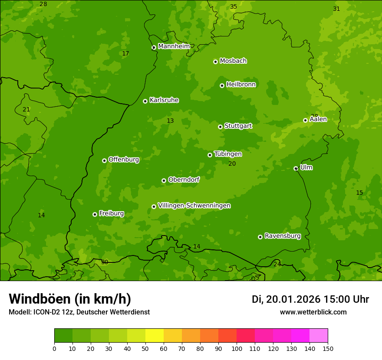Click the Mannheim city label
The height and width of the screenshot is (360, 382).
[174, 46]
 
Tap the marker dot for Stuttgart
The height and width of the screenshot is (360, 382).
[220, 127]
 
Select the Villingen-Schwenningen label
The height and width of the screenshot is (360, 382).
[194, 206]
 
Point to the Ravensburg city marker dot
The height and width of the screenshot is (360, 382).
[260, 237]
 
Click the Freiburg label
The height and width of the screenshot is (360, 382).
[111, 213]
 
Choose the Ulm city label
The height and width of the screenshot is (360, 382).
[306, 167]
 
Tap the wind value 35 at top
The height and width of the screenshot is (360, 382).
[234, 7]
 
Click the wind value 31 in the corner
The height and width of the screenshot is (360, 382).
[336, 9]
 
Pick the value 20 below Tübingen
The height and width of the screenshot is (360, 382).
[232, 164]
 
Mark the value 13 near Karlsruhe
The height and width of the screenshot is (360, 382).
[170, 121]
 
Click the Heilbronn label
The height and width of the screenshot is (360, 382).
[241, 85]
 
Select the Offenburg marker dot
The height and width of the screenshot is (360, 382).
[104, 160]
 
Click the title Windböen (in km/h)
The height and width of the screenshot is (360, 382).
[70, 299]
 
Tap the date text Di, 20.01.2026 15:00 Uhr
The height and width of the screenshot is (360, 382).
[310, 299]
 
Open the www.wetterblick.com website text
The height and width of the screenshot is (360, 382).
[313, 312]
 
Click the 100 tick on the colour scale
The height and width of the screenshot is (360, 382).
[237, 348]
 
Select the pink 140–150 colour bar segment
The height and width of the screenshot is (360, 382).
[319, 336]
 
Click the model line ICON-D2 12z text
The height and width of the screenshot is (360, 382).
[79, 312]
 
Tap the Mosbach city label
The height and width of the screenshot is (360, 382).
[233, 61]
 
